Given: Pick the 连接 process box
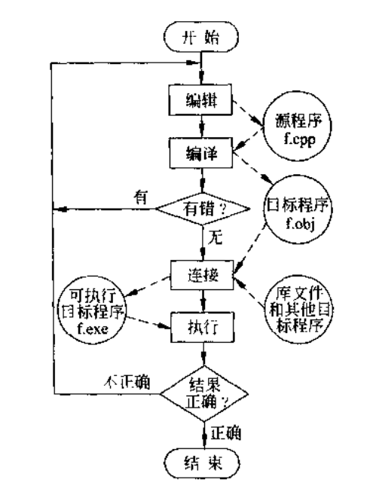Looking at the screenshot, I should click(202, 274).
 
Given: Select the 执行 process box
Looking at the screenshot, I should click(202, 328).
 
